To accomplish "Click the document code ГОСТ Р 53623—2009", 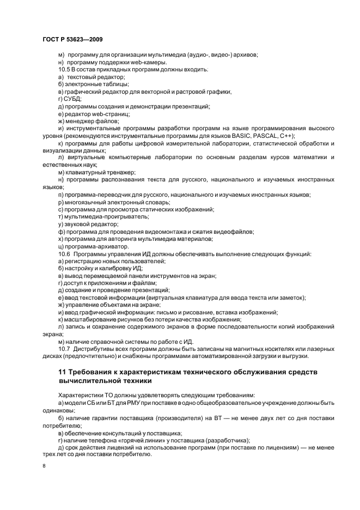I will tap(72, 40).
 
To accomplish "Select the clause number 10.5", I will tap(64, 69).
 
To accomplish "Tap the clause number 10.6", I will tap(64, 254).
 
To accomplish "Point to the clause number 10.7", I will tap(64, 349).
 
